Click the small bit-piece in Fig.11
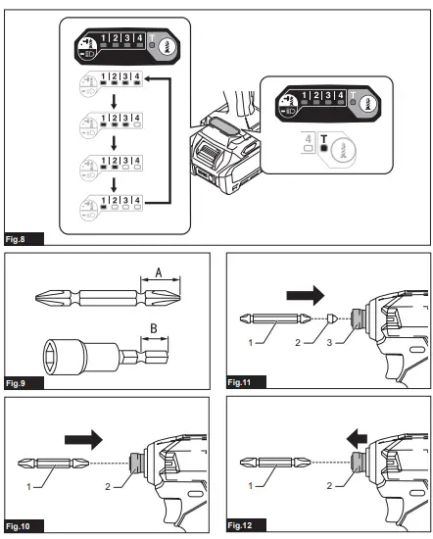pos(334,318)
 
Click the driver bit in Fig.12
pos(273,462)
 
